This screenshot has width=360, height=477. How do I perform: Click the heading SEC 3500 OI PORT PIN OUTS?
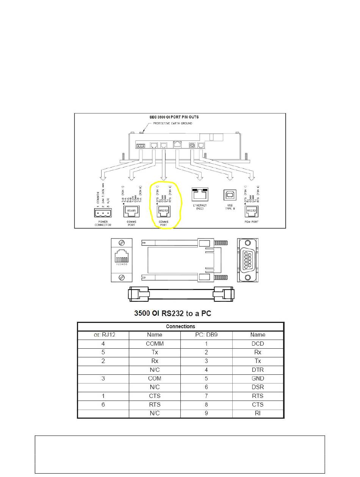click(173, 117)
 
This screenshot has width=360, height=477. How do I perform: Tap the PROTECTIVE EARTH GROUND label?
click(172, 123)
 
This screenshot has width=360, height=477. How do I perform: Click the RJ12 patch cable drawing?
click(181, 294)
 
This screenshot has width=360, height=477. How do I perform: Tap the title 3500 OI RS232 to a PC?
click(173, 313)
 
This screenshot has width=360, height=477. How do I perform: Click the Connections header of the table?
click(180, 326)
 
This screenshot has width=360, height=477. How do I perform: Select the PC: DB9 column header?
click(206, 335)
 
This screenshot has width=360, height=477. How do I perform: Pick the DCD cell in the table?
click(258, 344)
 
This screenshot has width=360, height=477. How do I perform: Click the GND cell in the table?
click(258, 379)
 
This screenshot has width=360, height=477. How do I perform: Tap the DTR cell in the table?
click(258, 370)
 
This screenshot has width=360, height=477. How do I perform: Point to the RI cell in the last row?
click(258, 413)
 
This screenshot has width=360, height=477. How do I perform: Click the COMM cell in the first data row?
click(154, 344)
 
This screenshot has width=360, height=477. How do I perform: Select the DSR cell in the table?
click(258, 387)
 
